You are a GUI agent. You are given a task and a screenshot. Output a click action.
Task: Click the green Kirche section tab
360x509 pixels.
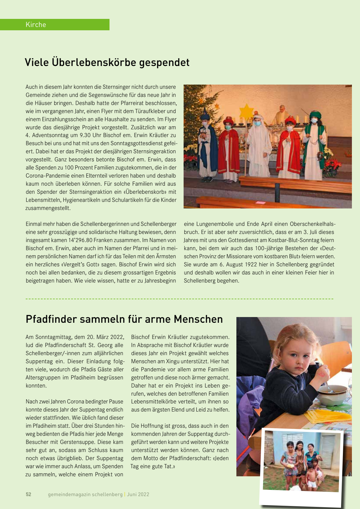click(55, 25)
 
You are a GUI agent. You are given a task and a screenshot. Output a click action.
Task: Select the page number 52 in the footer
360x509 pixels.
click(28, 494)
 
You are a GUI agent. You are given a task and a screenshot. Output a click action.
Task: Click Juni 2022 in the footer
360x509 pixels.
click(138, 494)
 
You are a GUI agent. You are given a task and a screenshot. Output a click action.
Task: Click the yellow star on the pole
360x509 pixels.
click(246, 111)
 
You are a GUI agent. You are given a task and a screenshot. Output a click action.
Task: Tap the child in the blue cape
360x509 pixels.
click(207, 144)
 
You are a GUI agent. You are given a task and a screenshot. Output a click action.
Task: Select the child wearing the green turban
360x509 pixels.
click(314, 144)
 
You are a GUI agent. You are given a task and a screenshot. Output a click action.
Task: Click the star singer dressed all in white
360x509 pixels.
click(258, 144)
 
